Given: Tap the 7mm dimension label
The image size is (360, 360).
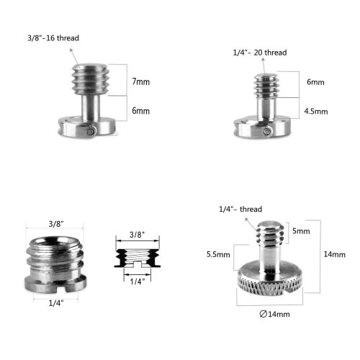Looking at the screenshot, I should coord(141,81).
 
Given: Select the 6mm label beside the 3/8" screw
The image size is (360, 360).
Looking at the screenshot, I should coord(141,111).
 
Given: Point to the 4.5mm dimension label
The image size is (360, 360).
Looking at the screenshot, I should coord(316,112).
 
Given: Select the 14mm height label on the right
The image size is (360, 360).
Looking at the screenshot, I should coord(334,255).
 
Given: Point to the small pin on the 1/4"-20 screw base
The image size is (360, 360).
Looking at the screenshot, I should coord(266,130).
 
